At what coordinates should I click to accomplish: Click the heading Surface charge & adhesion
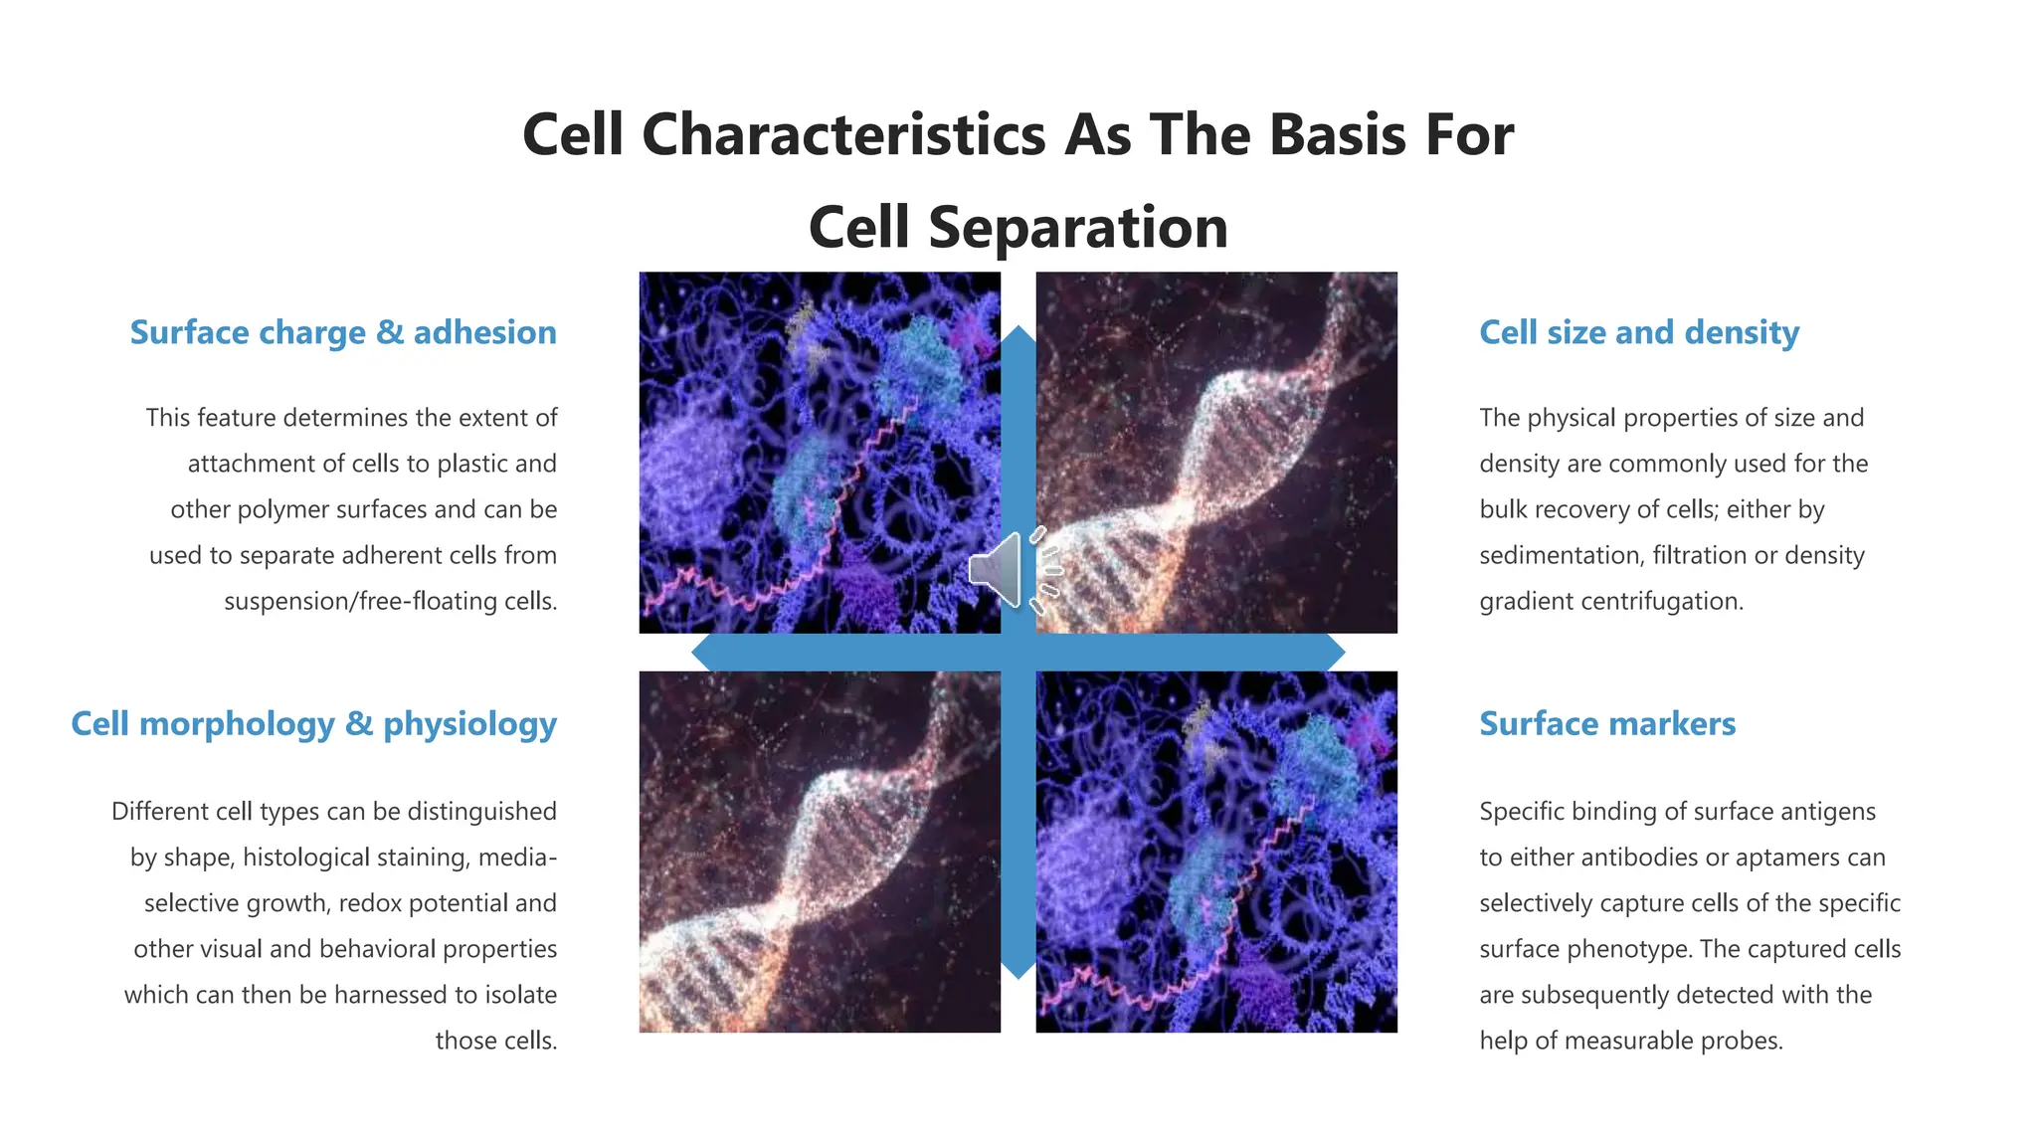[x=343, y=332]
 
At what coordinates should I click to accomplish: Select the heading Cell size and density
[x=1638, y=332]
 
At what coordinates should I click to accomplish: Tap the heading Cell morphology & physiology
[x=313, y=723]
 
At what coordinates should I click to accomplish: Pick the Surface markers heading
[x=1606, y=723]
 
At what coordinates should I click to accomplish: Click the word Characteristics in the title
[x=843, y=134]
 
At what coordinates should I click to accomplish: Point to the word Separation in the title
[x=1078, y=227]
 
